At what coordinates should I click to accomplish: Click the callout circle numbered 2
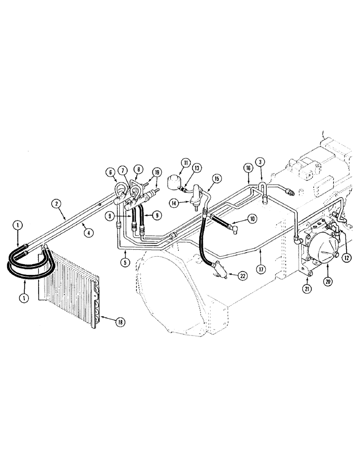[x=55, y=204]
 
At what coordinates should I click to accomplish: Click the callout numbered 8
[x=138, y=170]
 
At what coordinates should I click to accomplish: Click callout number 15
[x=216, y=178]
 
